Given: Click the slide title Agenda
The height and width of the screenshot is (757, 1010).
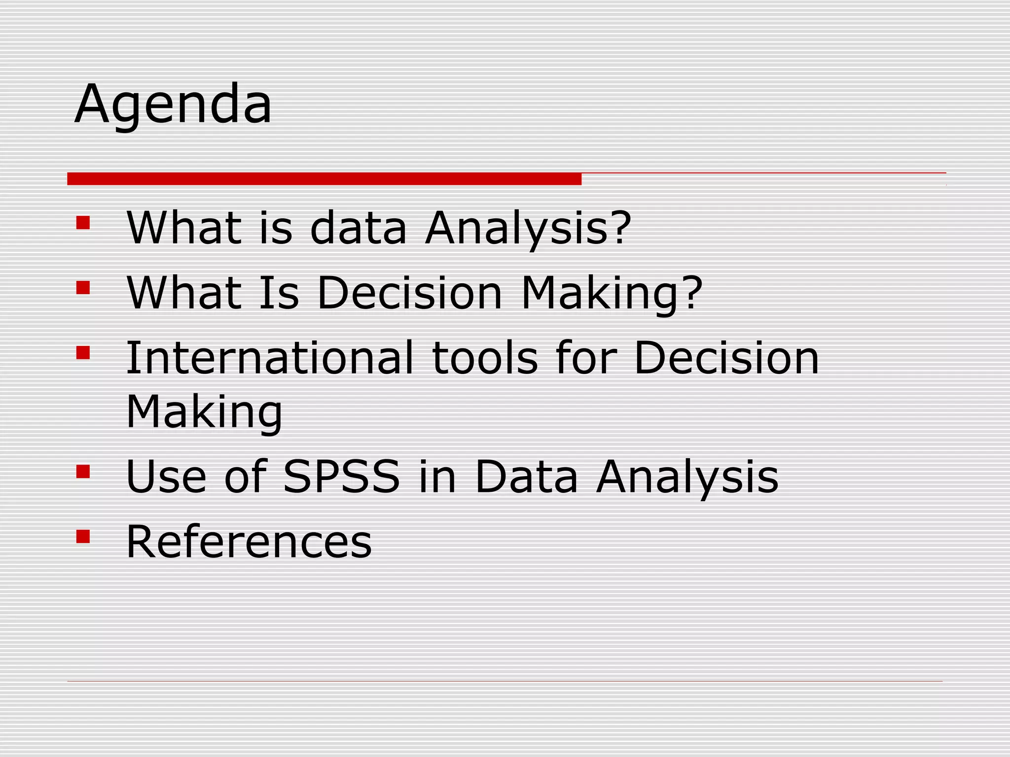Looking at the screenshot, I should (173, 104).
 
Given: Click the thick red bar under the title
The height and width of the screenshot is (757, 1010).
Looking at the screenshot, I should (324, 179).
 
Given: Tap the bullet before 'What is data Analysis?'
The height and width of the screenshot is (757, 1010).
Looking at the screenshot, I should (83, 223).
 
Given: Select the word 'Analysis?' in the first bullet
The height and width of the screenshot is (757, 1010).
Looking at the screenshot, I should (528, 228).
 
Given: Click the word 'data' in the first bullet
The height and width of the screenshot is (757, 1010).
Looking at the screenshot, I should (358, 228).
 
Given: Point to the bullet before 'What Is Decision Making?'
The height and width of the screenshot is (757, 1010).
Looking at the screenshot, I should (83, 287).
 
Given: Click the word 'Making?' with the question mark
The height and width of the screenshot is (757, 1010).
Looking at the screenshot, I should (612, 293).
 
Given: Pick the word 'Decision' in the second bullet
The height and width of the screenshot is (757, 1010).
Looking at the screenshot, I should (409, 293).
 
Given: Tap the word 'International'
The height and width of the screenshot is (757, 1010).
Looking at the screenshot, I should (269, 358).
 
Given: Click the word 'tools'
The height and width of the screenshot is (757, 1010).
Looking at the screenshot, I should (484, 358).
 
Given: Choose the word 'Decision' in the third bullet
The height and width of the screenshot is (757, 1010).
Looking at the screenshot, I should (726, 358).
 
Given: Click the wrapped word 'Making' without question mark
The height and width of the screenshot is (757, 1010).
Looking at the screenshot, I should (204, 413).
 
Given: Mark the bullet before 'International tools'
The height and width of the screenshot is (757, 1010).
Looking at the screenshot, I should (83, 352).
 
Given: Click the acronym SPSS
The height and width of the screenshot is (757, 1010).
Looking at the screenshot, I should (341, 477).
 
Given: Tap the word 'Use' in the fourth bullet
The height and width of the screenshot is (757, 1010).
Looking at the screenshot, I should (166, 477).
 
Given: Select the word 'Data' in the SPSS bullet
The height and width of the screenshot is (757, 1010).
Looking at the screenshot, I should (526, 477).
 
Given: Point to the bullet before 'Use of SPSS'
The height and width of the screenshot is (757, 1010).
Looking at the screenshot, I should (83, 472).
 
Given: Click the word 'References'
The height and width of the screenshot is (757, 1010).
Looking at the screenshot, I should (249, 542).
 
